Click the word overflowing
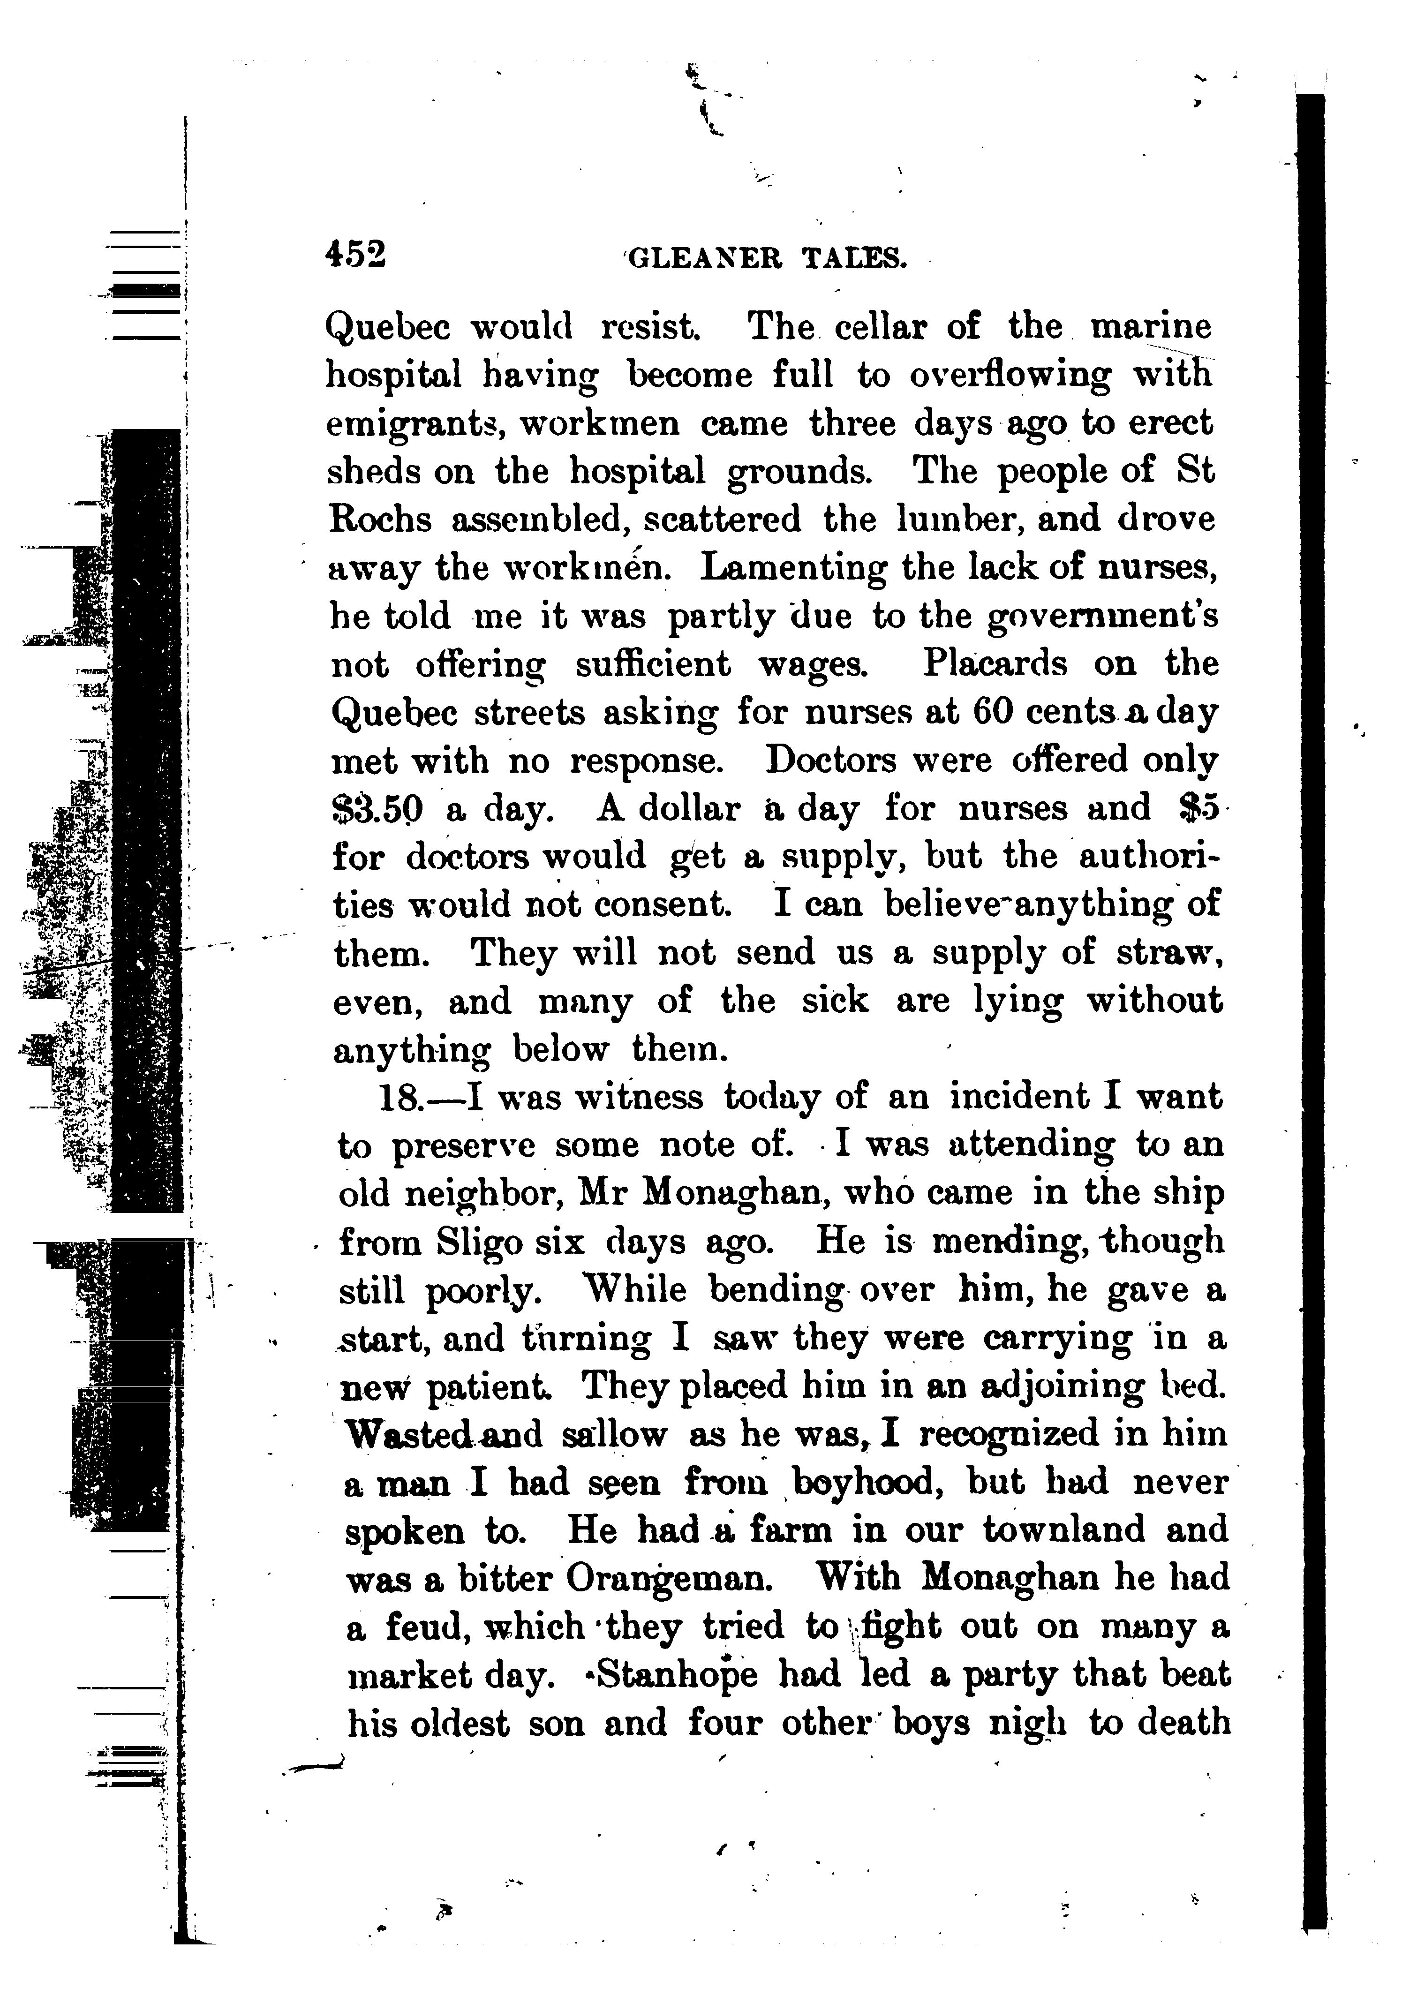point(1010,376)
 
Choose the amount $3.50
point(378,809)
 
